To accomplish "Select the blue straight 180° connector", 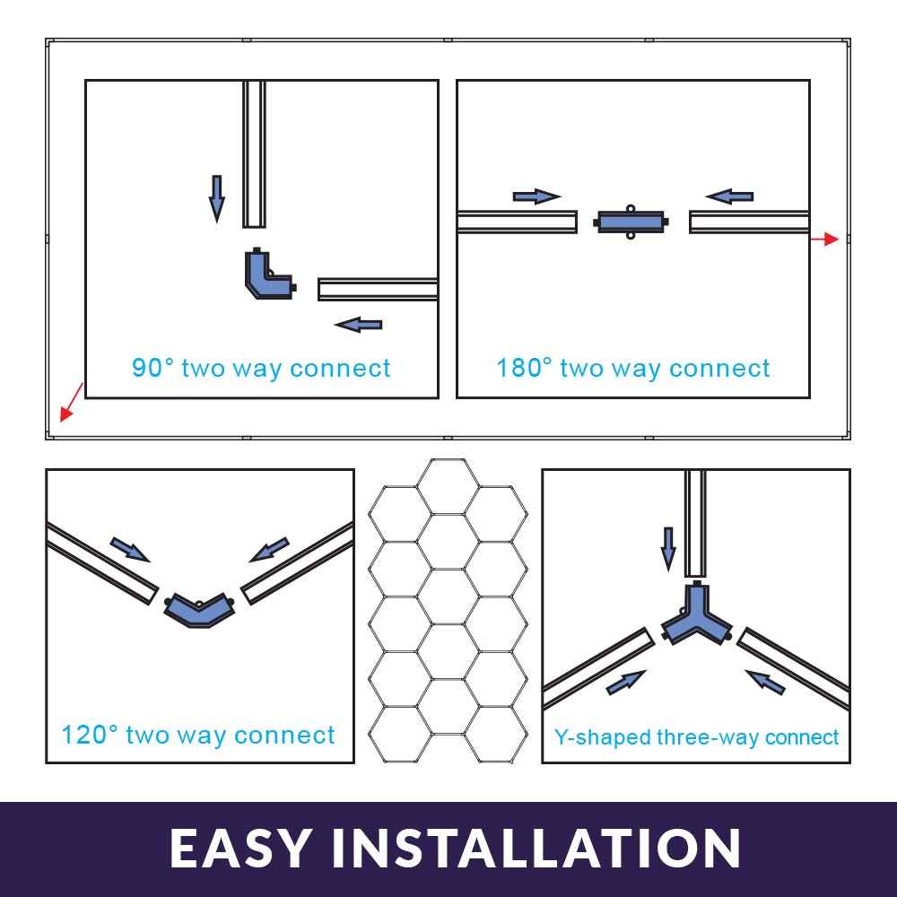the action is click(x=631, y=222).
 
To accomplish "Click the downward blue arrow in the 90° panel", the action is click(x=216, y=198).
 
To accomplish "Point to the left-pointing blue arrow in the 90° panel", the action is click(x=358, y=325).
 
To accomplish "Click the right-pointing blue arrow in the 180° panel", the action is click(x=536, y=196).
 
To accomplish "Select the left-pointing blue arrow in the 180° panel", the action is click(x=729, y=196).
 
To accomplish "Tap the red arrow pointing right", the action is click(x=825, y=239).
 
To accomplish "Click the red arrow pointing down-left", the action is click(x=72, y=402).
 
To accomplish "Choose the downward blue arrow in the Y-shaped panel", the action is click(x=667, y=549).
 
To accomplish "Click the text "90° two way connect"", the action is click(x=261, y=368).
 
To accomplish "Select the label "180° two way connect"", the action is click(x=632, y=368).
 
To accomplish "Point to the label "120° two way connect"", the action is click(x=198, y=736).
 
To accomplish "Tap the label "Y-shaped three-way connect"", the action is click(x=696, y=736).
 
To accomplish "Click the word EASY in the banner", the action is click(x=240, y=848).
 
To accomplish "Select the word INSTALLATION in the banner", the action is click(x=536, y=848).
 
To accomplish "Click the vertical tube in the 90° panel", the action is click(x=254, y=154).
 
